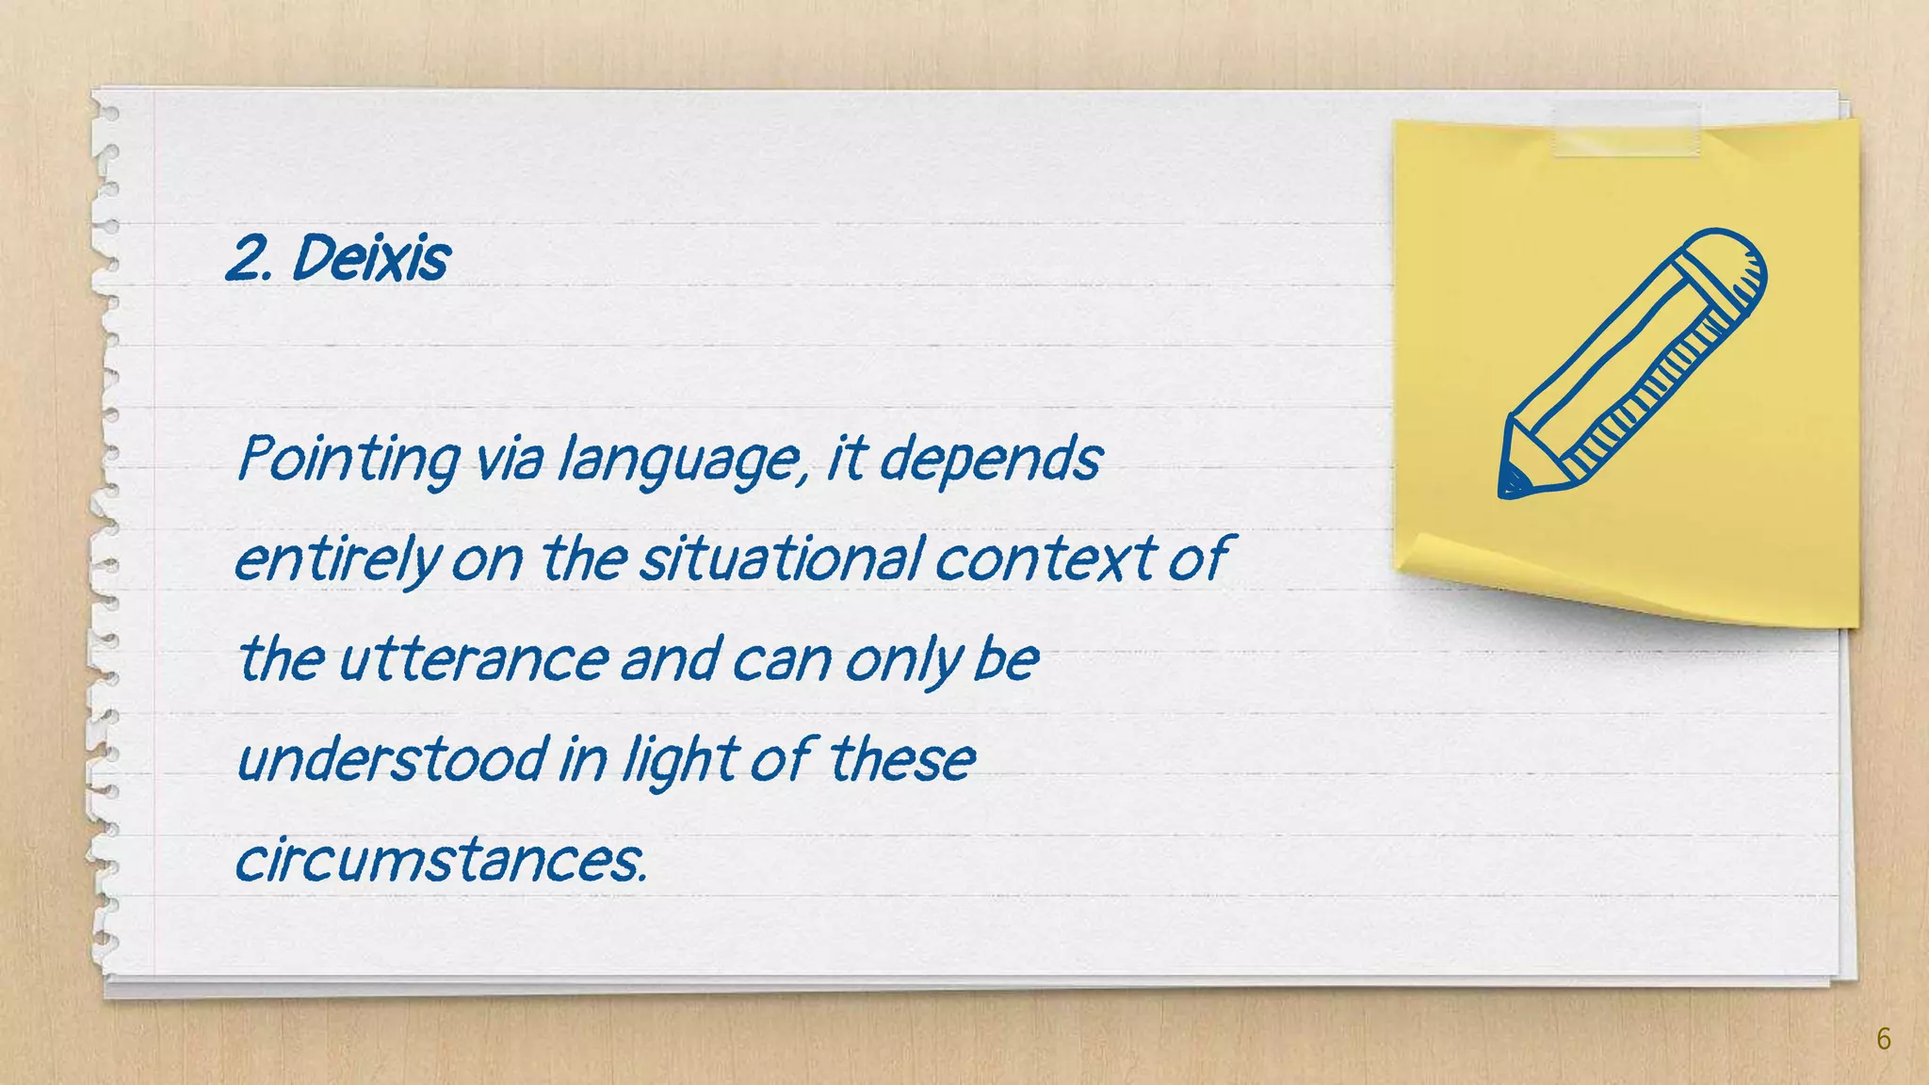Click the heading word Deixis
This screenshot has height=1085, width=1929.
(370, 257)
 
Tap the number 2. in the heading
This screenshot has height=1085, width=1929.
(250, 258)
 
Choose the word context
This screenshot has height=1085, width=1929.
(1046, 559)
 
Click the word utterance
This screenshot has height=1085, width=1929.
(473, 658)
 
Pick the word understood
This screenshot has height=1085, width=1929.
(392, 759)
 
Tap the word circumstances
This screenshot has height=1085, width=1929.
(441, 859)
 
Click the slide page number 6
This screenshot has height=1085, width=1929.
(1883, 1039)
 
